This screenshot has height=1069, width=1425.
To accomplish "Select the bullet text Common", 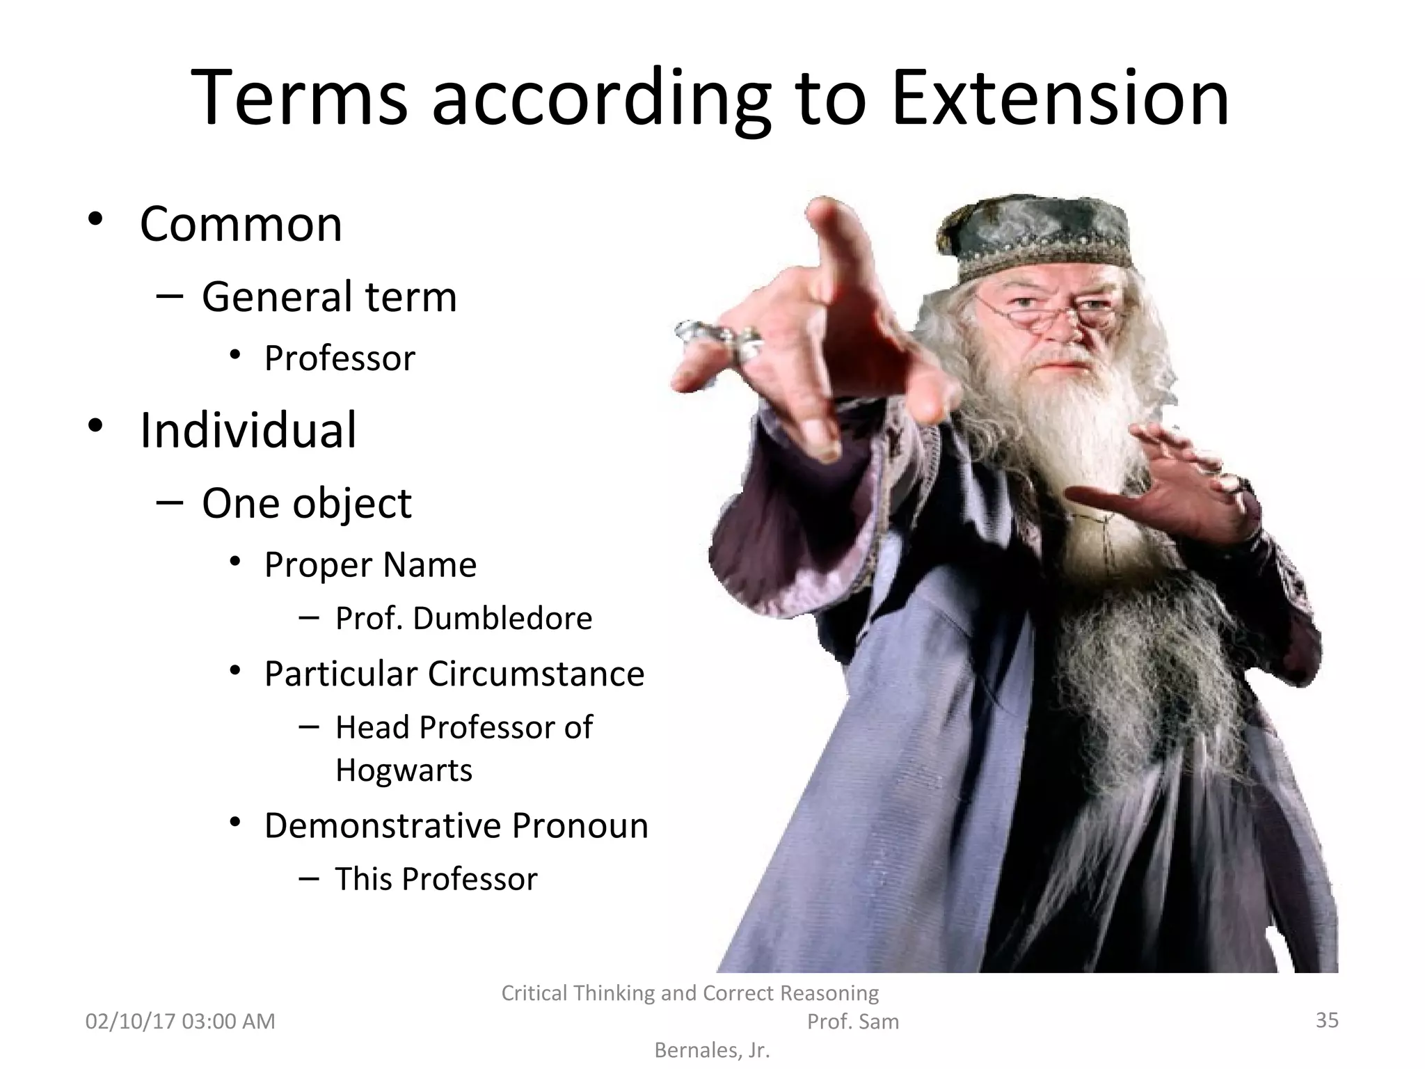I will (x=241, y=224).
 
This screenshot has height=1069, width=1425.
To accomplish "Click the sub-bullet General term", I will (x=329, y=296).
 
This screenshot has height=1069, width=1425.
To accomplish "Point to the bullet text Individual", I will (x=248, y=430).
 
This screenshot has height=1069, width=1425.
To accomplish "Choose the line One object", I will (x=307, y=503).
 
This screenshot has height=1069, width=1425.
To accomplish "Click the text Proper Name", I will (x=370, y=564).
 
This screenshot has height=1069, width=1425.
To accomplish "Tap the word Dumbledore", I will (x=502, y=618).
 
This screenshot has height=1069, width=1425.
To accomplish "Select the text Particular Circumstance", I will (x=454, y=674).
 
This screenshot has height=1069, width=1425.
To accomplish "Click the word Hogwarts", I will (x=404, y=770).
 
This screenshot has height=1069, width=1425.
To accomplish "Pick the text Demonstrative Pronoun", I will (x=456, y=825).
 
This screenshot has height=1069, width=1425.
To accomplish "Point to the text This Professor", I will (x=436, y=879).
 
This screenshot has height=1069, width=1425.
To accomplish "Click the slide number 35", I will (x=1327, y=1020).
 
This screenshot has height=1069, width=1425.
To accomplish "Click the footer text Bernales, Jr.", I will (x=712, y=1051).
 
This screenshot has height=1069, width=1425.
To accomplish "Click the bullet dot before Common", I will (x=95, y=220).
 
